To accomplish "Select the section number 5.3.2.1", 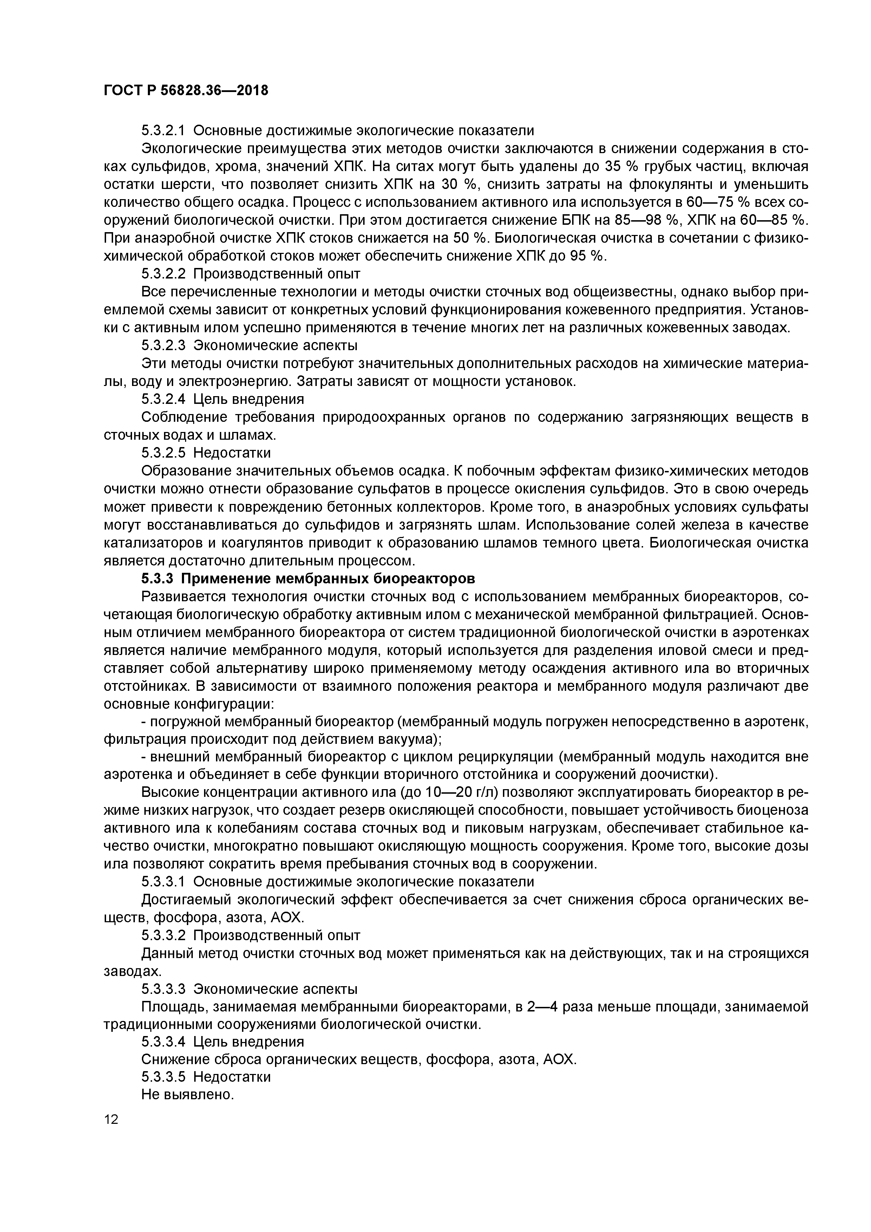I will tap(163, 130).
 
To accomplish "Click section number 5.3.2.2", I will tap(163, 274).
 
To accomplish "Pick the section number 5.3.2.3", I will tap(163, 345).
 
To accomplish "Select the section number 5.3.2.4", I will tap(163, 399).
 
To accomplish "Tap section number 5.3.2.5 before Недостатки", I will tap(163, 453).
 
